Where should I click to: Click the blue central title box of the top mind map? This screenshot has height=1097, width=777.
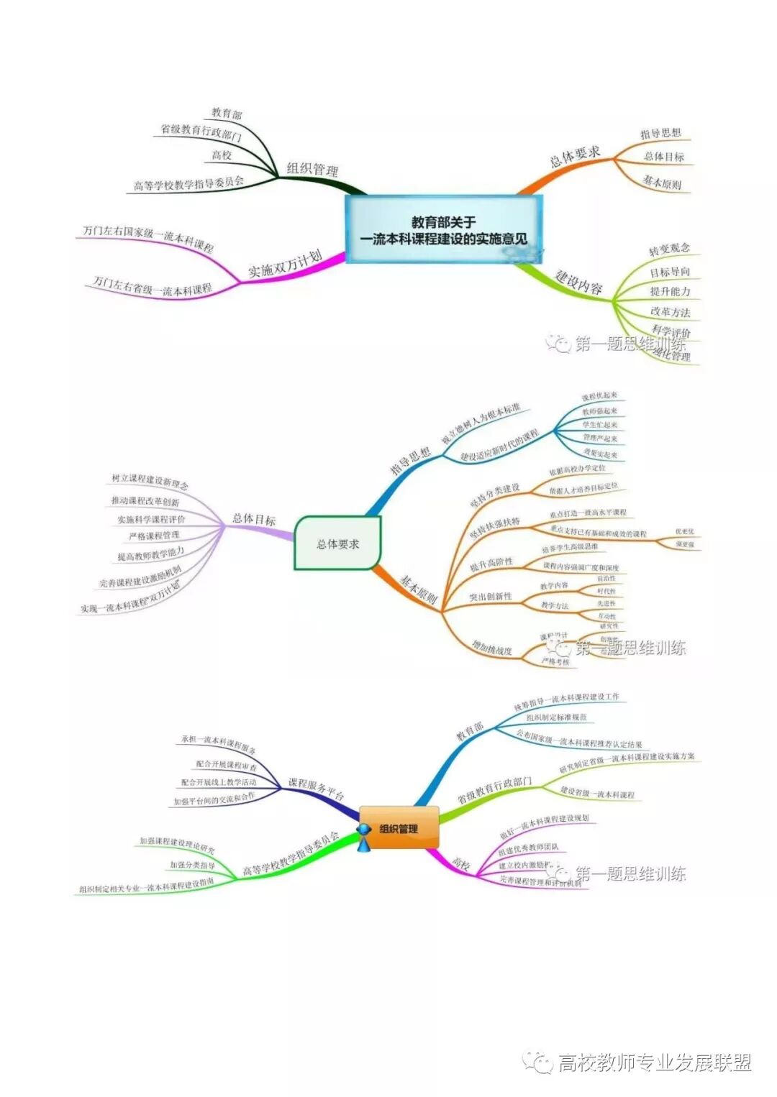pyautogui.click(x=443, y=229)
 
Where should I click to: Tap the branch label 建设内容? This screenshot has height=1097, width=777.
pyautogui.click(x=578, y=281)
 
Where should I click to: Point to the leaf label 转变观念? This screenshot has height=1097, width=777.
pyautogui.click(x=669, y=249)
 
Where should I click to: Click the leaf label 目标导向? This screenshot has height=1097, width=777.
pyautogui.click(x=670, y=272)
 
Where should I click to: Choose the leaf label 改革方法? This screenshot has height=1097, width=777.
pyautogui.click(x=670, y=311)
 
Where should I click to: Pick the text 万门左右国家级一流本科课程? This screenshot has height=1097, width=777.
pyautogui.click(x=148, y=238)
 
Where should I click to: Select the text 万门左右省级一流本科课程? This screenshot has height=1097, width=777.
pyautogui.click(x=153, y=285)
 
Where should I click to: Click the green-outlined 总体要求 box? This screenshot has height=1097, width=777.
pyautogui.click(x=337, y=543)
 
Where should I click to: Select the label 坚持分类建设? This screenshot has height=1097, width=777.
pyautogui.click(x=495, y=495)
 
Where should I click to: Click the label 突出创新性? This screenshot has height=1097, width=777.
pyautogui.click(x=491, y=596)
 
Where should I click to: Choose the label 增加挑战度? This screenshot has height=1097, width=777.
pyautogui.click(x=492, y=647)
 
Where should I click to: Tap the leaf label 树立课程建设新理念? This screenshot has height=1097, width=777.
pyautogui.click(x=150, y=480)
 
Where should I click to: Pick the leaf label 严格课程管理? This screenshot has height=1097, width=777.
pyautogui.click(x=154, y=536)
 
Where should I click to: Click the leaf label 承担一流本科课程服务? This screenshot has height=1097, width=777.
pyautogui.click(x=218, y=744)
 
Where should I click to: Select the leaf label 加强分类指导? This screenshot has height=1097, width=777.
pyautogui.click(x=192, y=865)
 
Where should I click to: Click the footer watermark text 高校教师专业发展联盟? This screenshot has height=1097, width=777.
pyautogui.click(x=654, y=1062)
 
